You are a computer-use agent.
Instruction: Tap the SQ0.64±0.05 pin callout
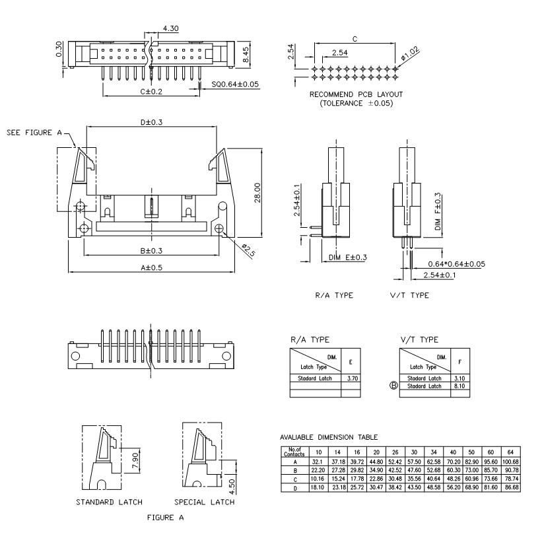(x=235, y=85)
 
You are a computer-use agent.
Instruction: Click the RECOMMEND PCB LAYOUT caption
(x=356, y=94)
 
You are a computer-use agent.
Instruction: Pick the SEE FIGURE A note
(x=34, y=132)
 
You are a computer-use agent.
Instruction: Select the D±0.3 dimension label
(x=151, y=122)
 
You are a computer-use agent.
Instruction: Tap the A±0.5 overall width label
(x=151, y=267)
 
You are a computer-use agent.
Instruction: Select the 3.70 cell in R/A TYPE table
(x=351, y=378)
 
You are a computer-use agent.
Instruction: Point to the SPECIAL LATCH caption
(x=204, y=502)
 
